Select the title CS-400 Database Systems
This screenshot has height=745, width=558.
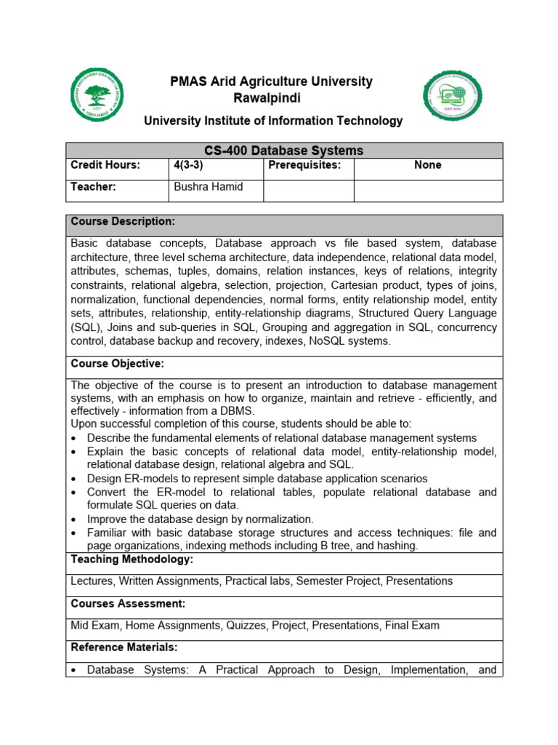[x=283, y=151]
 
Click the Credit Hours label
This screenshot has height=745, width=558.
[x=105, y=165]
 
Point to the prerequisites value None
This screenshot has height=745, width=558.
[x=427, y=165]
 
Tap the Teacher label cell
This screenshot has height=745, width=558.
[x=93, y=187]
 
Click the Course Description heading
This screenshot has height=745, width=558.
[x=123, y=221]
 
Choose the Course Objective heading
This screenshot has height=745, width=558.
[x=118, y=363]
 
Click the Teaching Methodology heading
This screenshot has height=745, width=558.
[x=132, y=559]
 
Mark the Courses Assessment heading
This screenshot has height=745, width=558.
[x=128, y=603]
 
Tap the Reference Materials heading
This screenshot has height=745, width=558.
[x=124, y=647]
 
